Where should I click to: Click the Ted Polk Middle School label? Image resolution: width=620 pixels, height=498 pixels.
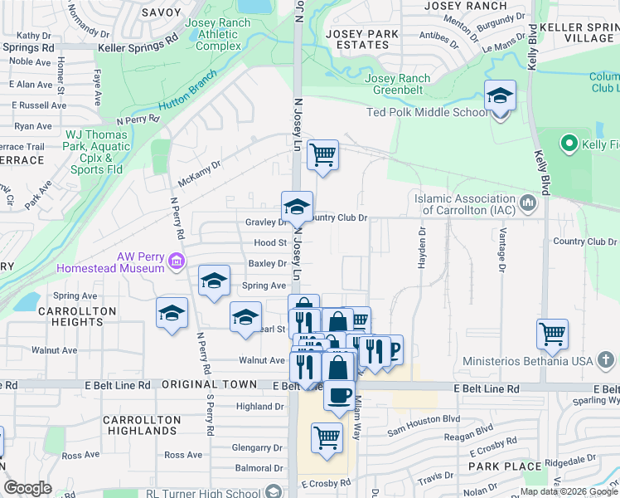tap(439, 113)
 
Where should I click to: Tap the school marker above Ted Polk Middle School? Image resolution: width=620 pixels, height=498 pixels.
tap(501, 97)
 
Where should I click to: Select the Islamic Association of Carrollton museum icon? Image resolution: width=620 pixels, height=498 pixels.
tap(528, 203)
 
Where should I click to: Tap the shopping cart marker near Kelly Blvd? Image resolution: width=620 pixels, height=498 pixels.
tap(552, 335)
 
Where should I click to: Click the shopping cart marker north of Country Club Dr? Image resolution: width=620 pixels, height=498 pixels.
tap(322, 155)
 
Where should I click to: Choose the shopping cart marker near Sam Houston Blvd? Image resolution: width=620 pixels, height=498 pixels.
tap(327, 437)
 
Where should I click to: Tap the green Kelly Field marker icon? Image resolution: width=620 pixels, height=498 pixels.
tap(569, 145)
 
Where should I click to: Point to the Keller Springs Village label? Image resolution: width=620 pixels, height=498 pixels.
tap(578, 33)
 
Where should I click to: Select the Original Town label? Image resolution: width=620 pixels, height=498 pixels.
tap(200, 385)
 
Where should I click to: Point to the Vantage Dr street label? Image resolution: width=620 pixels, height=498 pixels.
tap(501, 251)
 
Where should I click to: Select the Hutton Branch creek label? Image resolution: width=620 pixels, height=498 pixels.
tap(187, 92)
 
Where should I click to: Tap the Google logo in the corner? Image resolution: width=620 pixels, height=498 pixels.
tap(28, 488)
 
